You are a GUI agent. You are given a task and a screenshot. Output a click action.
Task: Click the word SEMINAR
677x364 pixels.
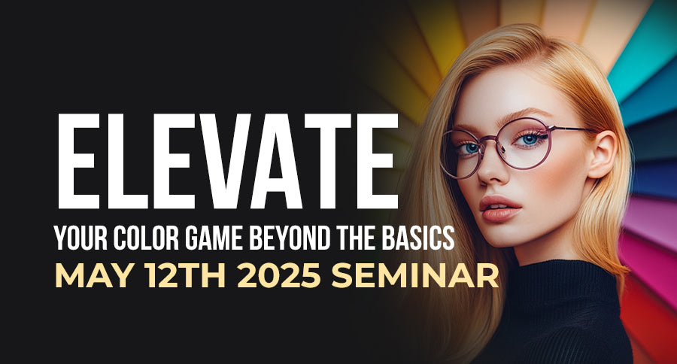coord(416,275)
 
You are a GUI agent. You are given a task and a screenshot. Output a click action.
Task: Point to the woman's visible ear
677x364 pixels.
coord(602,154)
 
